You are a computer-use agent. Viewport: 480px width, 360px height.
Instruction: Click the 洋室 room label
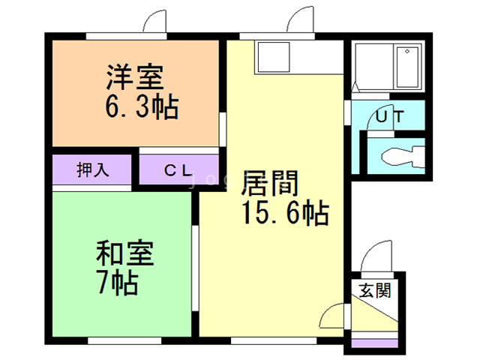pyautogui.click(x=135, y=77)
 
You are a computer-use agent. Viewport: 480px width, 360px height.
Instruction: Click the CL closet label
pyautogui.click(x=178, y=169)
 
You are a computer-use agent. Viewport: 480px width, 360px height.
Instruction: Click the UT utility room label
pyautogui.click(x=390, y=117)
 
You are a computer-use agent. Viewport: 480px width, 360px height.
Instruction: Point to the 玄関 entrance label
pyautogui.click(x=373, y=291)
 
